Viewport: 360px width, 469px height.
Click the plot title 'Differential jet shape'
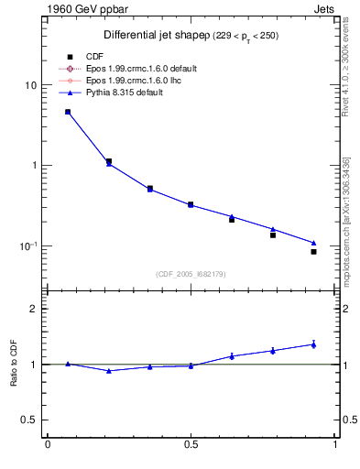click(x=147, y=36)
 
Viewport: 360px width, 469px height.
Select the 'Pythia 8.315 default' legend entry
click(x=127, y=93)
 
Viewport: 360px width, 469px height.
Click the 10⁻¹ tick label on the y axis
click(x=27, y=246)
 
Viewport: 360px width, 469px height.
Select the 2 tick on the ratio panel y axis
click(x=33, y=309)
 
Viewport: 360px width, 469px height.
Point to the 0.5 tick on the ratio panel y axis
click(x=29, y=420)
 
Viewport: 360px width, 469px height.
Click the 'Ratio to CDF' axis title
click(x=14, y=364)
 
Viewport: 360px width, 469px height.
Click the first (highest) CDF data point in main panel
click(x=68, y=112)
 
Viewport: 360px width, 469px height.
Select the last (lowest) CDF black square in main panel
click(x=313, y=251)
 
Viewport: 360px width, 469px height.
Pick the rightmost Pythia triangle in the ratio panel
click(x=313, y=344)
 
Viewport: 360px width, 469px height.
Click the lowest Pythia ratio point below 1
click(x=109, y=371)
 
